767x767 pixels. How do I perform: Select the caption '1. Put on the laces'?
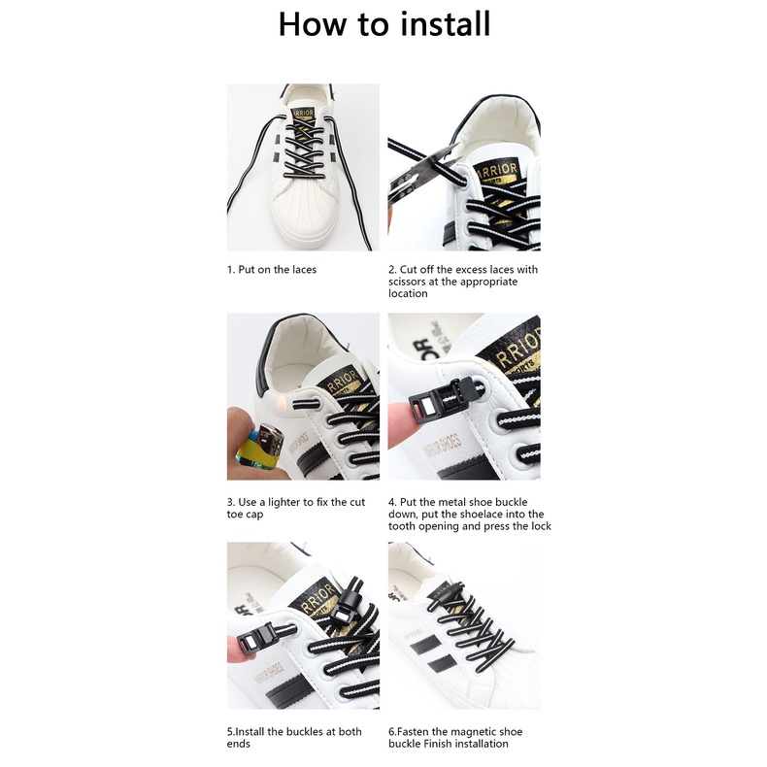pyautogui.click(x=272, y=270)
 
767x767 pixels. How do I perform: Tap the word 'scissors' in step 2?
pyautogui.click(x=408, y=282)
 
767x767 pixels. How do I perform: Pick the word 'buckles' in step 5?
pyautogui.click(x=303, y=732)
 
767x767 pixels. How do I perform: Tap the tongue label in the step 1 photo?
pyautogui.click(x=302, y=114)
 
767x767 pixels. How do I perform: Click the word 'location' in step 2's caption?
pyautogui.click(x=408, y=293)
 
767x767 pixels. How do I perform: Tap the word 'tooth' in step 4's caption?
pyautogui.click(x=400, y=526)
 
